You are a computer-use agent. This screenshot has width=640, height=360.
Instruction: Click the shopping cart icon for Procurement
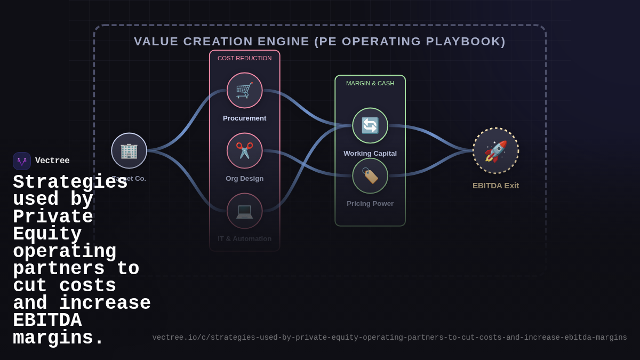tap(244, 90)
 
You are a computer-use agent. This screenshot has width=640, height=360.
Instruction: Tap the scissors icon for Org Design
tap(244, 150)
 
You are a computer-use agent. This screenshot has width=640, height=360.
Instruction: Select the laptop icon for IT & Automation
tap(244, 211)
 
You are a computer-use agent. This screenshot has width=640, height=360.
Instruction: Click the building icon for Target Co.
tap(129, 150)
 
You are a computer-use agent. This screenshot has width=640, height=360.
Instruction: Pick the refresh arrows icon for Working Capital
tap(370, 125)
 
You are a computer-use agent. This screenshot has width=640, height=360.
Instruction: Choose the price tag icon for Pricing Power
tap(370, 175)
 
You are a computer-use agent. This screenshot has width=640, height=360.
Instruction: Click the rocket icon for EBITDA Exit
tap(495, 150)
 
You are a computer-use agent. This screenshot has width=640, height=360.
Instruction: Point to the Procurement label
tap(244, 118)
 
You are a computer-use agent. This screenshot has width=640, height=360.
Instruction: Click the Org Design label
tap(244, 179)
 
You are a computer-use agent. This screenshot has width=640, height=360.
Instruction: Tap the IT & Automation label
tap(244, 239)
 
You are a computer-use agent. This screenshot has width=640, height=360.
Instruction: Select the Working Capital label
tap(370, 154)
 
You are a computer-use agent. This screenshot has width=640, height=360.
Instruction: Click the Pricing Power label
tap(370, 204)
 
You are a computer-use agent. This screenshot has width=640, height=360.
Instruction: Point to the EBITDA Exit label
tap(495, 186)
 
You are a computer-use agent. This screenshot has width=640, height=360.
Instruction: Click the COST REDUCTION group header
tap(244, 58)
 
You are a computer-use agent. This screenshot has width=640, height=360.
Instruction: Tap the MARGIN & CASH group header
tap(370, 83)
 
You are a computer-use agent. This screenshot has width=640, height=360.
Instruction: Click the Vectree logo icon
tap(22, 161)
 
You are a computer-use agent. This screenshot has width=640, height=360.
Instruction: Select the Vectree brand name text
tap(52, 161)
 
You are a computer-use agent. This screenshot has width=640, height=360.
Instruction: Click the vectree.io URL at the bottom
tap(389, 338)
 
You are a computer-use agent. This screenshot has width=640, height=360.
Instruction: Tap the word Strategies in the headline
tap(70, 182)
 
